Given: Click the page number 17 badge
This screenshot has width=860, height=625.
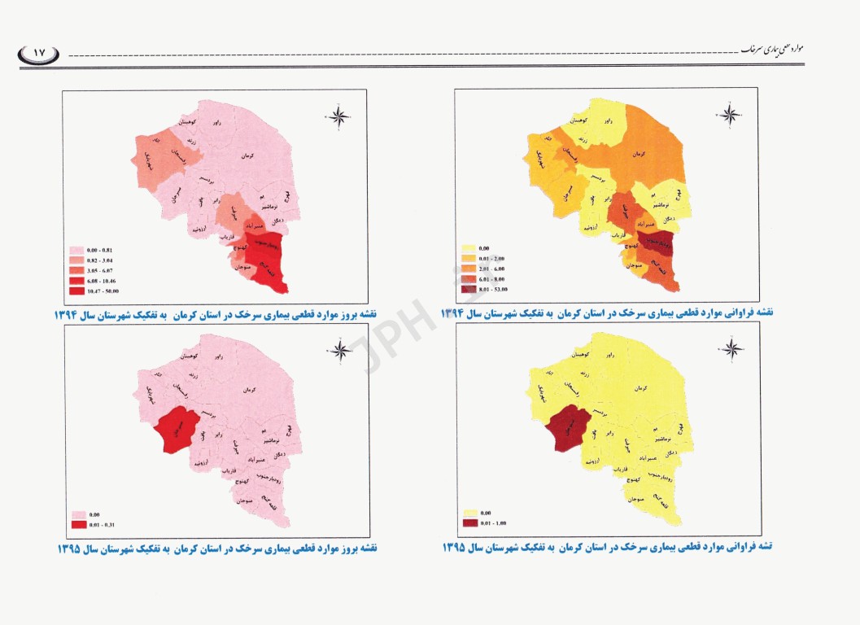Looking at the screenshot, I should point(38,55).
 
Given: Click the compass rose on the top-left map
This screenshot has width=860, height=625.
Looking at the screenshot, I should point(340,116).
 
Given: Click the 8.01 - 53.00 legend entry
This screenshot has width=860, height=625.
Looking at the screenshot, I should point(489,287).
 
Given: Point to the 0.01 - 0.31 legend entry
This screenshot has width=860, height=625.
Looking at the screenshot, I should point(91,524).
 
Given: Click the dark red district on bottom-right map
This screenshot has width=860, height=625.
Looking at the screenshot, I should point(567,430).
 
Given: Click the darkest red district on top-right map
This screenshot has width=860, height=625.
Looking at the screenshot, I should point(657,240).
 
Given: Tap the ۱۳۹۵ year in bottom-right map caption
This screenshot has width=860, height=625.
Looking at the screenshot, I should point(456,547).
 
